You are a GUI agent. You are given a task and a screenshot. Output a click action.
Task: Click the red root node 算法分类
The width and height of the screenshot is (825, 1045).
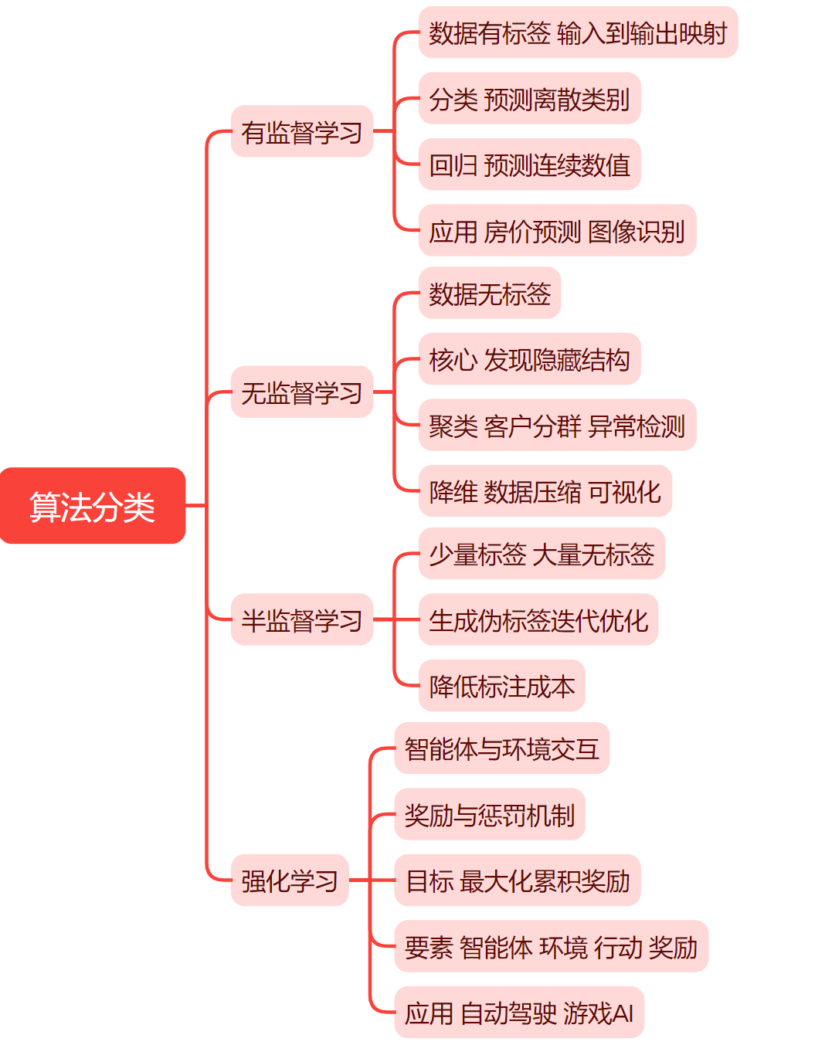pos(92,506)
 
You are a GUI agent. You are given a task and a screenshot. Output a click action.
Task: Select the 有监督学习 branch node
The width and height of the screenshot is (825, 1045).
pos(301,132)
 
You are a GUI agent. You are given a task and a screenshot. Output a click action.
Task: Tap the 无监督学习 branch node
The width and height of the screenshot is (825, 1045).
pos(301,392)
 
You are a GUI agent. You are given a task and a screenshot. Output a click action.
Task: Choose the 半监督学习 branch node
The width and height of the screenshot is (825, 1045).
pos(301,619)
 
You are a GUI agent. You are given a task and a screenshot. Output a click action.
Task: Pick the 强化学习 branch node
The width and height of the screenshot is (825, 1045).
pos(290,880)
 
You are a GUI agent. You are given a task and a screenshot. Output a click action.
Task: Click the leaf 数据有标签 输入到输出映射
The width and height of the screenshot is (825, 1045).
pos(578,33)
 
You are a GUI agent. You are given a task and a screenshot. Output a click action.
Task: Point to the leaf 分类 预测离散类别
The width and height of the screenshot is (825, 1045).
pos(529,99)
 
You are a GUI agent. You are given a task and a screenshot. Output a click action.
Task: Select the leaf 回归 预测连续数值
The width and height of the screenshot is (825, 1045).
pos(529,165)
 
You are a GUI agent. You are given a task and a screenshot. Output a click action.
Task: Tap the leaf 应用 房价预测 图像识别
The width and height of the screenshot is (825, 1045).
pos(557,230)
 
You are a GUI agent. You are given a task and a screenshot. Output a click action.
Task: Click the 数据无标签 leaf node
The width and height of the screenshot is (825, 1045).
pos(490,293)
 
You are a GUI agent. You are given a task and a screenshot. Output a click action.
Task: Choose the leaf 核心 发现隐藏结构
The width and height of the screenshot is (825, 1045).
pos(529,359)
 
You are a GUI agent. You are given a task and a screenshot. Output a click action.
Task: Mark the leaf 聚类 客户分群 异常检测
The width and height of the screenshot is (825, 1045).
pos(557,425)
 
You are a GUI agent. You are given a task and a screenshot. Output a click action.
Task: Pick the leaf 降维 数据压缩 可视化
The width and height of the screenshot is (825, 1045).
pos(545,491)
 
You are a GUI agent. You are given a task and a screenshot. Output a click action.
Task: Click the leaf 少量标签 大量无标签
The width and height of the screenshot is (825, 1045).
pos(542,554)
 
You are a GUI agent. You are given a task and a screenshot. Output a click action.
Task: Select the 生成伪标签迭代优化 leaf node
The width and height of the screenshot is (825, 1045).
pos(538,619)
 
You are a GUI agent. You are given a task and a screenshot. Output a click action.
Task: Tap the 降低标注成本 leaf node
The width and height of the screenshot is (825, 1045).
pos(501,686)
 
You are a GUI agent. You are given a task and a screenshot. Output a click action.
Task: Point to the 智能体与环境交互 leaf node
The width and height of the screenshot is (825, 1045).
pos(501,748)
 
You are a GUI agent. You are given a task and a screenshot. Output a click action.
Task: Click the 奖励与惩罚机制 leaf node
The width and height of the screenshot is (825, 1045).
pos(490,814)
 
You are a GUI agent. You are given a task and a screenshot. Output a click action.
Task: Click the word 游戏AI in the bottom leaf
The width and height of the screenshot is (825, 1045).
pos(599,1012)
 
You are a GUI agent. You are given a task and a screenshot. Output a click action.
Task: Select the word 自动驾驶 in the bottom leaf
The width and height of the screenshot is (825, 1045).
pos(508,1012)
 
